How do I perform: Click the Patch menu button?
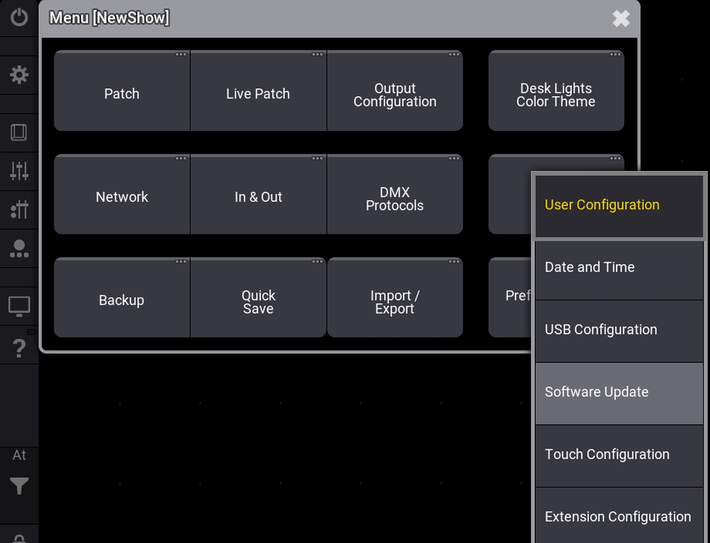(121, 93)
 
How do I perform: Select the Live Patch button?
(258, 93)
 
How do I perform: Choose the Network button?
(121, 196)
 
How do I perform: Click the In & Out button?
(258, 196)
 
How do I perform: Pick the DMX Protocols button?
(394, 198)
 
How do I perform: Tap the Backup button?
(121, 299)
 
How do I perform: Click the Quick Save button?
(258, 301)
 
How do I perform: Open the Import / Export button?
(394, 301)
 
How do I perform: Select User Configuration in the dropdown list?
(618, 205)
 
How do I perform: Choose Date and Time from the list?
(618, 268)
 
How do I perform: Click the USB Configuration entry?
(618, 330)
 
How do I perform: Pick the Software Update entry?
(618, 392)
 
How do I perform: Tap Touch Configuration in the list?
(618, 455)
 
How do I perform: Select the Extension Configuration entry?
(618, 516)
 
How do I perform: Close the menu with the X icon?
(621, 18)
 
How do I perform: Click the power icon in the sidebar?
(19, 17)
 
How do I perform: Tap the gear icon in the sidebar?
(19, 75)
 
